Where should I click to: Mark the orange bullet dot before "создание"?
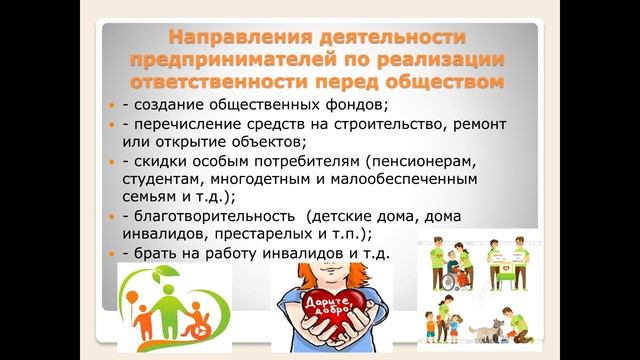[x=112, y=105]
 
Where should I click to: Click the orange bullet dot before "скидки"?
[x=112, y=161]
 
